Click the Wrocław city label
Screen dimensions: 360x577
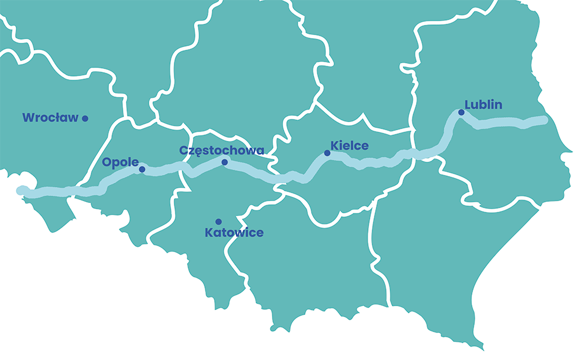(50, 118)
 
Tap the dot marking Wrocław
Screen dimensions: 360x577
(85, 118)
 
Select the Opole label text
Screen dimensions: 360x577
(120, 162)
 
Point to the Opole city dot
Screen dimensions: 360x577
(142, 169)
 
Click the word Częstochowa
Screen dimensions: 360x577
(222, 151)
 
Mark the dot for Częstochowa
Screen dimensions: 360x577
(224, 162)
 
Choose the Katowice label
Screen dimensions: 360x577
(234, 233)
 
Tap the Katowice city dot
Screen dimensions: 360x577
(218, 222)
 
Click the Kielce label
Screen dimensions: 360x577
(349, 145)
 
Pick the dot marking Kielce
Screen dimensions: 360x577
(327, 153)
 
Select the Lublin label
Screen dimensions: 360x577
(484, 105)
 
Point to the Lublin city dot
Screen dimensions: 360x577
(461, 112)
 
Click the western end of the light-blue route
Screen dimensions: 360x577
(22, 190)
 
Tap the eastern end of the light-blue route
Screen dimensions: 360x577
(544, 119)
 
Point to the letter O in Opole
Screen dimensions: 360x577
(106, 162)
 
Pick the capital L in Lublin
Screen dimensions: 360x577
(468, 105)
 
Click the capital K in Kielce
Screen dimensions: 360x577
(334, 145)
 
